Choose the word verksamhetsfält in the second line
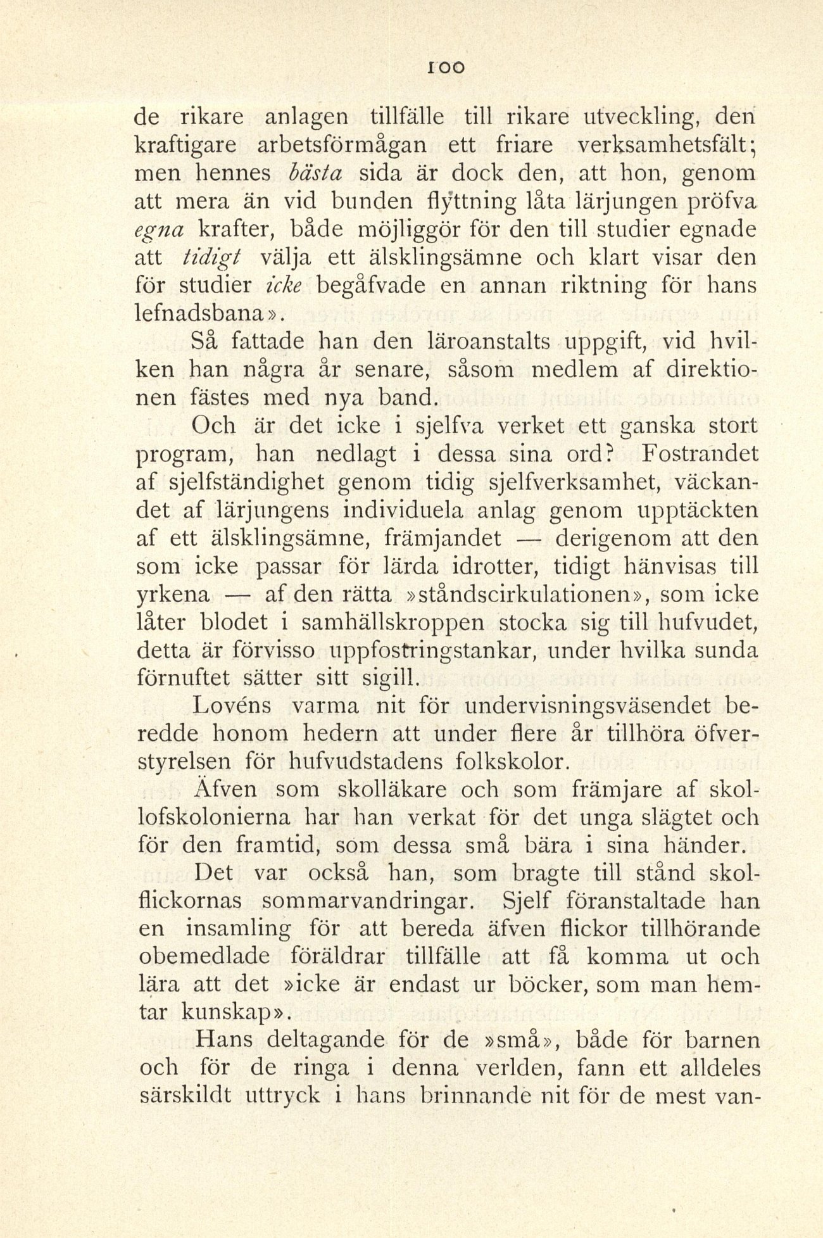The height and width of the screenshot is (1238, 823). (660, 145)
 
